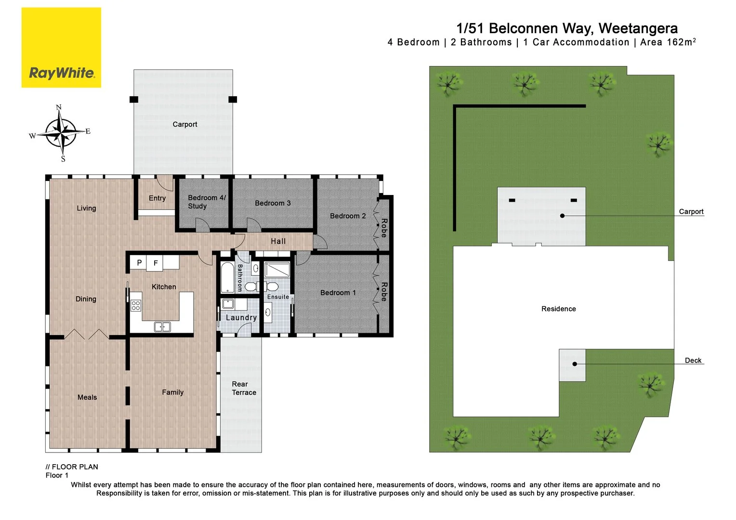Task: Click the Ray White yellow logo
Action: (x=62, y=48)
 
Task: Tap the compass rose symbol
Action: (x=61, y=133)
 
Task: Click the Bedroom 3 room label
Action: (x=273, y=203)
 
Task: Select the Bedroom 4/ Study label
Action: (x=207, y=202)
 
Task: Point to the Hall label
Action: (x=278, y=241)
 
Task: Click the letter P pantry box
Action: (x=139, y=262)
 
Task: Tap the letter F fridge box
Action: (x=155, y=263)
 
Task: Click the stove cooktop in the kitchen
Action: (x=136, y=305)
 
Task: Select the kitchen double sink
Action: (x=162, y=326)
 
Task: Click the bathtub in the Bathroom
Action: (x=227, y=277)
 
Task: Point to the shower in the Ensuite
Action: (x=277, y=270)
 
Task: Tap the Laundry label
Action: (x=241, y=318)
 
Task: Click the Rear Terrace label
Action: (x=244, y=388)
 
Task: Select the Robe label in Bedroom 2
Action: (x=384, y=228)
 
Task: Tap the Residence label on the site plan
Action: (x=559, y=309)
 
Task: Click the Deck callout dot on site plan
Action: (x=575, y=364)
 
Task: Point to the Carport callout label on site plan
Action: (x=691, y=211)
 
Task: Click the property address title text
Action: (x=567, y=28)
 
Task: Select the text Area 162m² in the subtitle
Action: (x=668, y=42)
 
